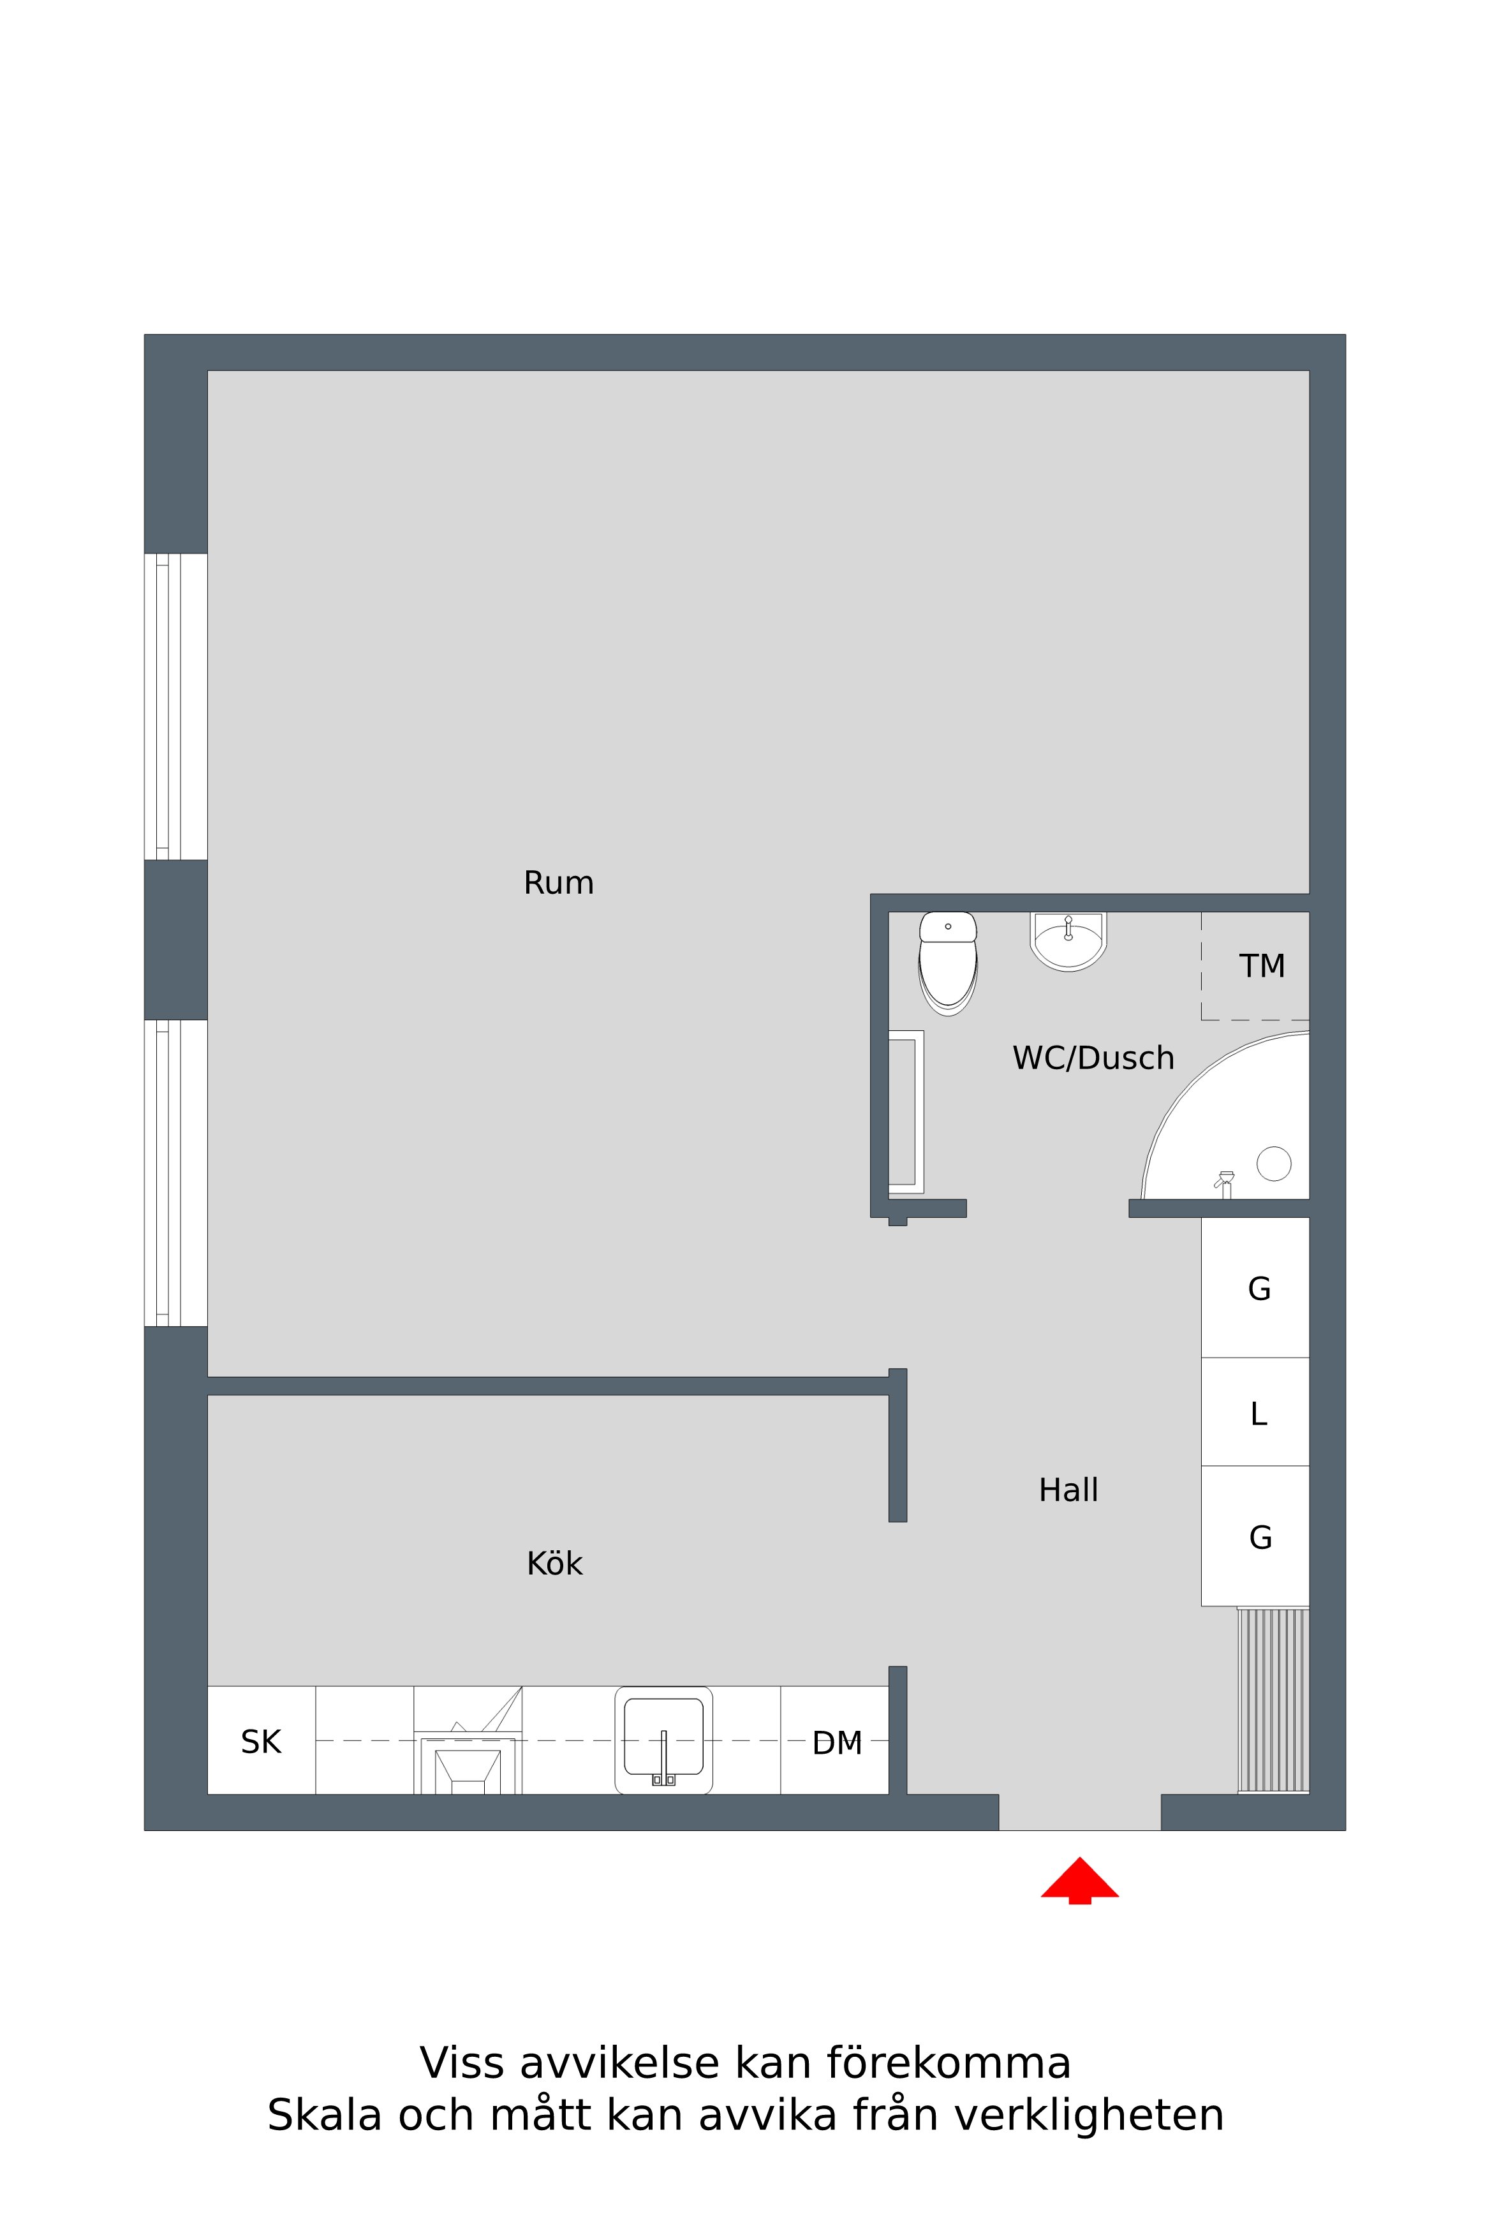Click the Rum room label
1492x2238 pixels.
coord(559,883)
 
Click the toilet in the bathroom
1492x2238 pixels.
coord(948,963)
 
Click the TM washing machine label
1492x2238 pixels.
coord(1262,966)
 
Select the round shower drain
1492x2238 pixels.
coord(1273,1163)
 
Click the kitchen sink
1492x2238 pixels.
coord(663,1740)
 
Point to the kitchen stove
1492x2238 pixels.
coord(468,1740)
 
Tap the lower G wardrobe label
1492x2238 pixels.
coord(1260,1537)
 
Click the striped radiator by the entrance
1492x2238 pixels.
coord(1273,1700)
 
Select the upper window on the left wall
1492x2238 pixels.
coord(176,706)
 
